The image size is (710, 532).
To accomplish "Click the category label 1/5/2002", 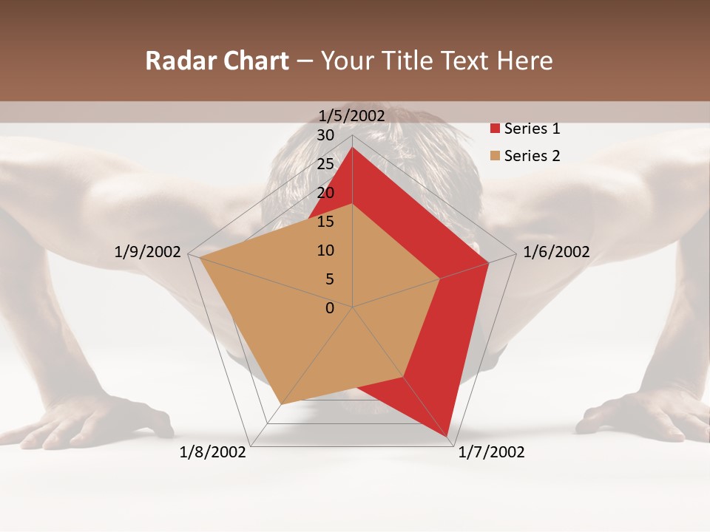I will point(352,116).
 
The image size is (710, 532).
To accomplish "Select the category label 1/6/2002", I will point(556,252).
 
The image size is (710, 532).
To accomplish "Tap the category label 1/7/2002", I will point(491,452).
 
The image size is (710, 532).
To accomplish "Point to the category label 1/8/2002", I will point(213,452).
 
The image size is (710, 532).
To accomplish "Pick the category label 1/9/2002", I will point(148,252).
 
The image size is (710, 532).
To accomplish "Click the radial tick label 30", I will point(325,135).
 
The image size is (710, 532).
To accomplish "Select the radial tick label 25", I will point(325,164).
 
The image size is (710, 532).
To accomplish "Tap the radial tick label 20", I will point(325,193).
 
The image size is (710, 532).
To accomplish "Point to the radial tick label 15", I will point(325,222).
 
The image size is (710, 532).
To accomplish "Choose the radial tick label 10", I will point(325,250).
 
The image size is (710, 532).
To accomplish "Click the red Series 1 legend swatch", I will point(496,129).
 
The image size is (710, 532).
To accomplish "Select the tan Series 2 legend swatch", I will point(496,156).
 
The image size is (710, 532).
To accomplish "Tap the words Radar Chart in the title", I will point(217,61).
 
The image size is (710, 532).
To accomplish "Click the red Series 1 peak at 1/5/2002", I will point(352,148).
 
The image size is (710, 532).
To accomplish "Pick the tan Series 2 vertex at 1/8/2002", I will point(281,404).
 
